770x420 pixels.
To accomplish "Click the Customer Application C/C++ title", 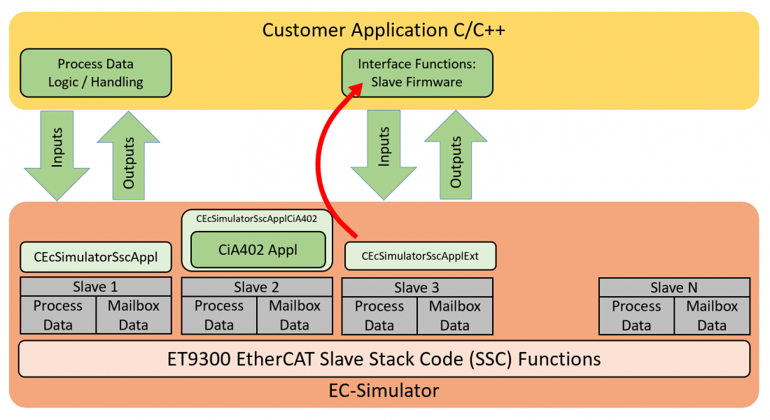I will tap(384, 30).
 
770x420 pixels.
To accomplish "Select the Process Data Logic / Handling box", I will tap(95, 73).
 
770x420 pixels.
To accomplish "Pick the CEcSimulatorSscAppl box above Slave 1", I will tap(96, 256).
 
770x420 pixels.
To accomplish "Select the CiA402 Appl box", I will tap(258, 250).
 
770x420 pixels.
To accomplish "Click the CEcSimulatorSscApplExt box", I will tap(420, 256).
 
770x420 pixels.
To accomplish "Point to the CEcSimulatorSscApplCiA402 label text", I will tap(256, 218).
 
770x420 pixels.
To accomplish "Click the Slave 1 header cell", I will tap(96, 287).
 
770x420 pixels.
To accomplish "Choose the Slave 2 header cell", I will tap(256, 288).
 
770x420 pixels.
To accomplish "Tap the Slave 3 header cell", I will tap(416, 288).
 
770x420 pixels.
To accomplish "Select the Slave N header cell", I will tap(673, 288).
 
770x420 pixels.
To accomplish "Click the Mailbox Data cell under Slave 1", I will tap(133, 315).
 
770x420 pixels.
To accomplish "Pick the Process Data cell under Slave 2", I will tap(219, 315).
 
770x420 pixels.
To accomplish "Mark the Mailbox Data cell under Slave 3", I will tap(454, 315).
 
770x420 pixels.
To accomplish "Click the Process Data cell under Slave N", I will tap(636, 315).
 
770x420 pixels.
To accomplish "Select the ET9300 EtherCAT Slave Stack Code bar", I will tap(384, 359).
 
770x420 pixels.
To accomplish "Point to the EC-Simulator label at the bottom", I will tap(384, 390).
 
